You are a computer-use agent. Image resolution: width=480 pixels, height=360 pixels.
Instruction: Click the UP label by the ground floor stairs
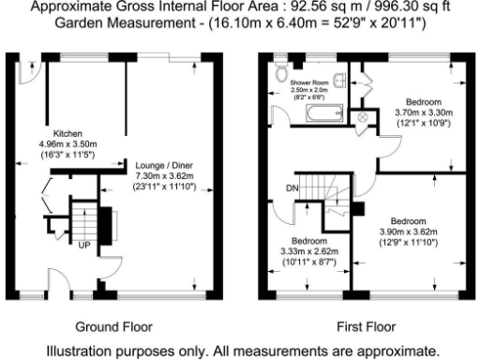click(x=84, y=247)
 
